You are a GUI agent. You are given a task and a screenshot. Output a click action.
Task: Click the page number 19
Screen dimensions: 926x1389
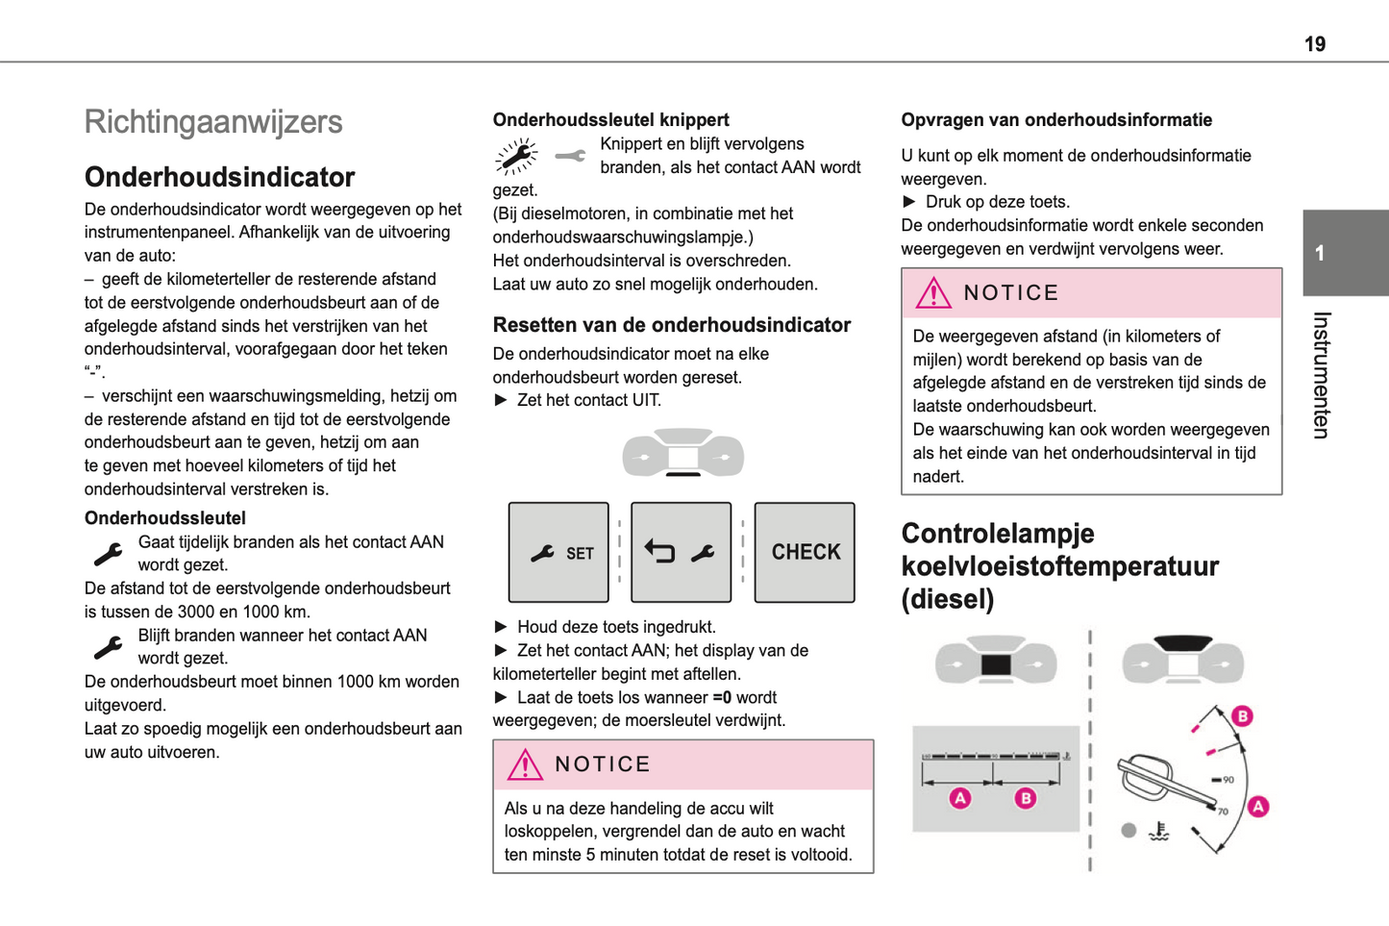coord(1314,44)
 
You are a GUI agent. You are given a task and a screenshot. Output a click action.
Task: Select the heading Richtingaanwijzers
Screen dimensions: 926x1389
coord(213,122)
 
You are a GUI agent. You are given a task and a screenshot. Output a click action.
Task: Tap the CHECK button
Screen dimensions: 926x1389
coord(805,552)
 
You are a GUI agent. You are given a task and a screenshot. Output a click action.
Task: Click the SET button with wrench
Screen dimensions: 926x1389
coord(558,552)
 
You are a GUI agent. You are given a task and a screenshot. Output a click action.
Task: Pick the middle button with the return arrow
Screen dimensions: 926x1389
coord(681,552)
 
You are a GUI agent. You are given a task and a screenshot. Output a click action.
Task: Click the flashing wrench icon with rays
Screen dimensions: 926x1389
coord(516,156)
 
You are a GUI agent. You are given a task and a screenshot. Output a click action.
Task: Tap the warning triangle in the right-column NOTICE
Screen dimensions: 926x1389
coord(932,293)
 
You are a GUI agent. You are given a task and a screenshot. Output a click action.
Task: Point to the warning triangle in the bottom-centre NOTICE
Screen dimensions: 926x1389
coord(525,764)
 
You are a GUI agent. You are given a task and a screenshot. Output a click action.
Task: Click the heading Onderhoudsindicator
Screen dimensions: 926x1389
coord(219,177)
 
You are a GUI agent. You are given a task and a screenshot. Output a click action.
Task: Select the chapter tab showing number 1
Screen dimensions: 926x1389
coord(1344,253)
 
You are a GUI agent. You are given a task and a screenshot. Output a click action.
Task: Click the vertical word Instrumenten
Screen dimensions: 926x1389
coord(1322,375)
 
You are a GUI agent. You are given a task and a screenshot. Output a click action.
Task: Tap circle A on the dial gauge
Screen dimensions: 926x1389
coord(1258,806)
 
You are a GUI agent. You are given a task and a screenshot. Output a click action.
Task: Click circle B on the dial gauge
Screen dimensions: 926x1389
coord(1242,715)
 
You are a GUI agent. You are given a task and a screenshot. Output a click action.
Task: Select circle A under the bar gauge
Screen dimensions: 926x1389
coord(959,798)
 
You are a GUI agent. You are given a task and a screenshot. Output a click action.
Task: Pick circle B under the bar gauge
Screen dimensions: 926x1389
coord(1026,798)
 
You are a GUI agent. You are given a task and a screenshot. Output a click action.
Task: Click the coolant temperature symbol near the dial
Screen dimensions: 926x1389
coord(1159,831)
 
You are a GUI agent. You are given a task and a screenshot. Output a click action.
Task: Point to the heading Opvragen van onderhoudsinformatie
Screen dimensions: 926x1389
coord(1055,120)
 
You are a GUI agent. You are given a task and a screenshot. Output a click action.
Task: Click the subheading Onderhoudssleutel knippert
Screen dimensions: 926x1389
coord(610,120)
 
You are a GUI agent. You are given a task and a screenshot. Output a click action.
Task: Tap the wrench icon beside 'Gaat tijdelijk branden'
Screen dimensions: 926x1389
coord(108,554)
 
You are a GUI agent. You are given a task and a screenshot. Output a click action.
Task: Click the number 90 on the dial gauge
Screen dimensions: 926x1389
coord(1227,780)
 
